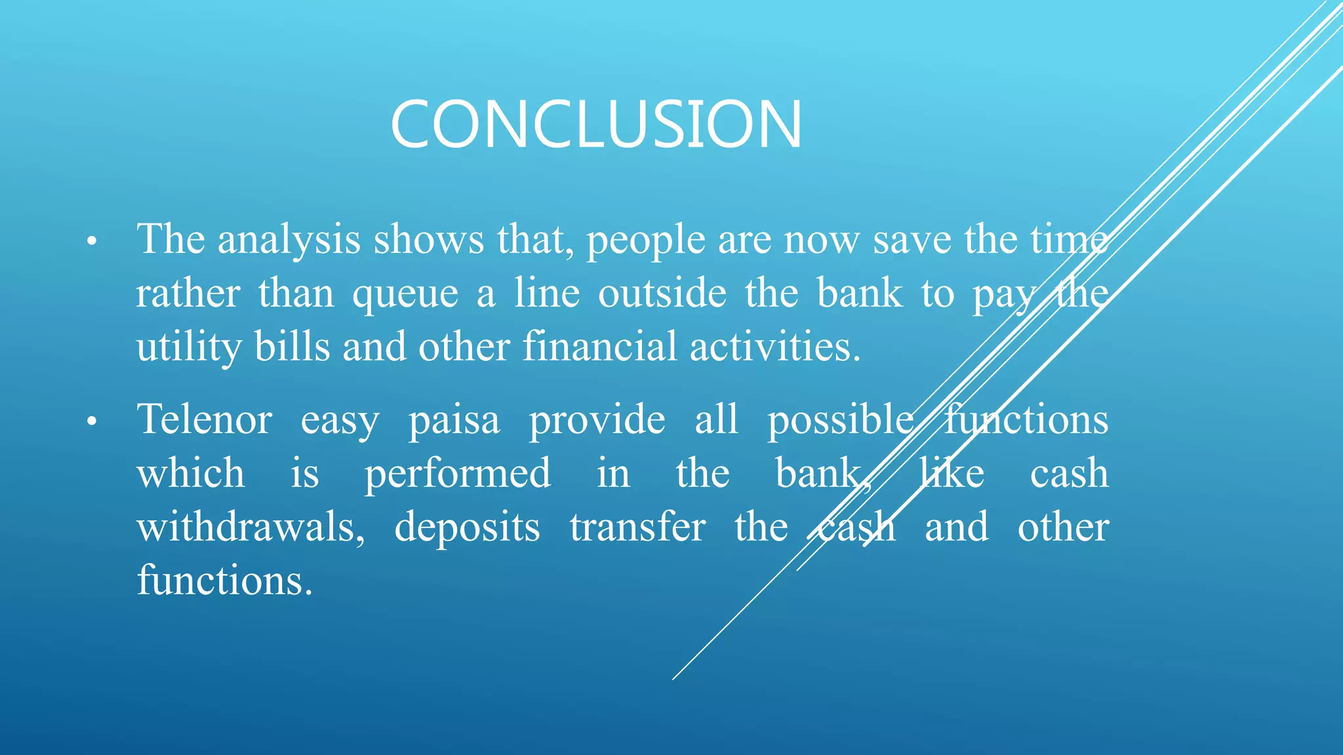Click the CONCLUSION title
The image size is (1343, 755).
click(595, 124)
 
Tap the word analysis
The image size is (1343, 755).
click(289, 240)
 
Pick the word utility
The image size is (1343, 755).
click(189, 347)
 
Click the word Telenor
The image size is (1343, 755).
click(204, 419)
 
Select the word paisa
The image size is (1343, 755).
click(454, 421)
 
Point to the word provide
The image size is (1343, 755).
click(597, 421)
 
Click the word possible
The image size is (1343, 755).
click(840, 421)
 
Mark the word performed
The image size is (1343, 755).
click(458, 474)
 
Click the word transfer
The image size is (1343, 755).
click(637, 528)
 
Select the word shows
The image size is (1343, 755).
click(428, 240)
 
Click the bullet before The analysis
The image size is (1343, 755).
click(92, 242)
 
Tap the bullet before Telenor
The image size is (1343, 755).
click(92, 422)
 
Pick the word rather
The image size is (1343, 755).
click(188, 294)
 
